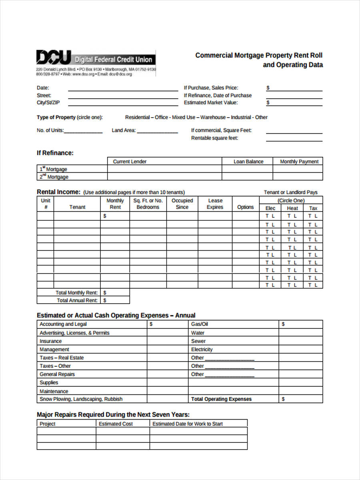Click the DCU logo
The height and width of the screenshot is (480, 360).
(x=54, y=58)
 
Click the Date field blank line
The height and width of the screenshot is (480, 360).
(x=123, y=90)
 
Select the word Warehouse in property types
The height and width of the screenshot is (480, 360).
(x=213, y=117)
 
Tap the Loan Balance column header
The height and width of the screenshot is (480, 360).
(x=248, y=162)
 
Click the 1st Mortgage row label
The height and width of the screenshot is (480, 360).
(x=53, y=169)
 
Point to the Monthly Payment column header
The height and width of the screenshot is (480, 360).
(x=299, y=162)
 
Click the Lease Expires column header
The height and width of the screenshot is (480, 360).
(x=215, y=204)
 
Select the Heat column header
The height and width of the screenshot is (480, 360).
(x=292, y=208)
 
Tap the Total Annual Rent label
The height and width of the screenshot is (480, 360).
(x=77, y=300)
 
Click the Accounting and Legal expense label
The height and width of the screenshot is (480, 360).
(x=63, y=324)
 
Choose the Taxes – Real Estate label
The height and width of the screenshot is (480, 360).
(x=62, y=358)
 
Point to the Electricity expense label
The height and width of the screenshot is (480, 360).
(x=202, y=349)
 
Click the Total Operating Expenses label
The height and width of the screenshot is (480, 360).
(x=221, y=399)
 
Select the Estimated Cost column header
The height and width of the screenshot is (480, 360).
(x=116, y=424)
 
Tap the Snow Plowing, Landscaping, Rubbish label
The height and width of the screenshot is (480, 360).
(x=81, y=399)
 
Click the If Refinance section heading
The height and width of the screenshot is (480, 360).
(x=55, y=153)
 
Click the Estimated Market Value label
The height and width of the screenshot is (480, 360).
(x=210, y=102)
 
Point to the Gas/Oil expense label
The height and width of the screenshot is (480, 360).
(x=199, y=324)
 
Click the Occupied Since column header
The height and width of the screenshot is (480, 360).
(x=182, y=204)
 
